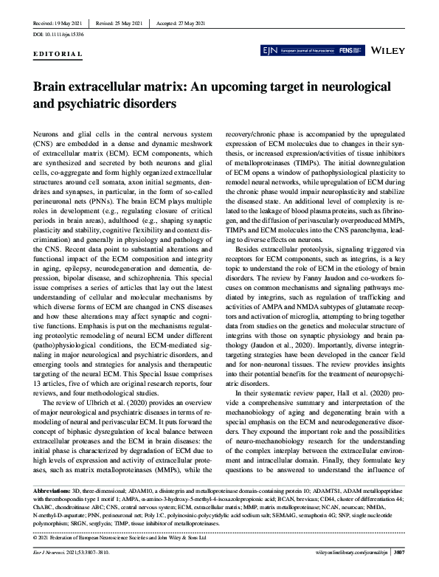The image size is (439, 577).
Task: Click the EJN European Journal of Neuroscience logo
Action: [294, 52]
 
